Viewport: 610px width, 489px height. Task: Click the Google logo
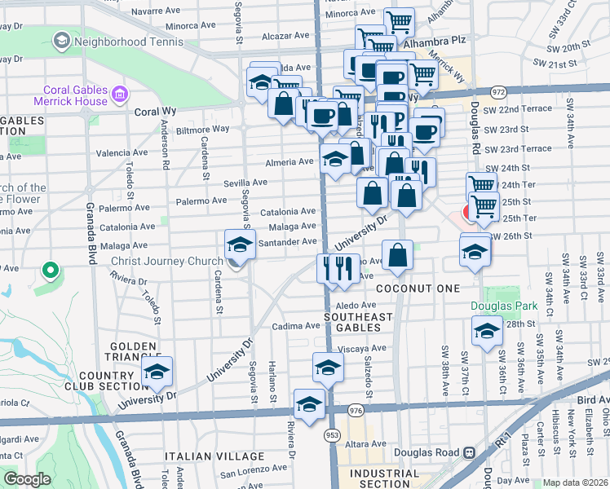tap(27, 478)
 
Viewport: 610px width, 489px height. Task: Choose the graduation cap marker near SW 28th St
tap(487, 331)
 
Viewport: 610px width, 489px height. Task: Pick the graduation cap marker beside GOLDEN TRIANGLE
tap(157, 372)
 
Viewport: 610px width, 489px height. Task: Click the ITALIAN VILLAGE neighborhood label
tap(214, 456)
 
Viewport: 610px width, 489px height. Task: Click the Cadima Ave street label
tap(294, 326)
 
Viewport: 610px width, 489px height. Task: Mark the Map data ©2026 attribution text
tap(575, 482)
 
